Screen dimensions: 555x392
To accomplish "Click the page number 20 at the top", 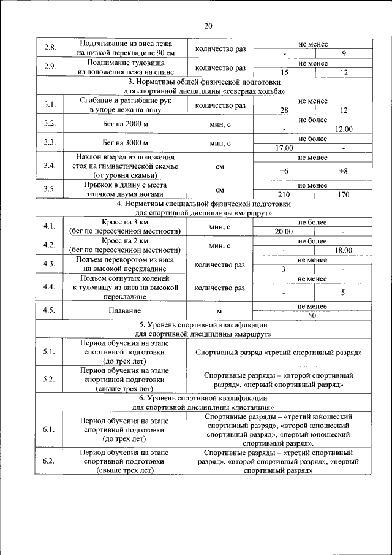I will [x=208, y=26].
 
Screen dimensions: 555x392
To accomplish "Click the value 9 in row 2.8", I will [x=344, y=53].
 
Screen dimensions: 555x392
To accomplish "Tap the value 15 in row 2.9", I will [x=284, y=72].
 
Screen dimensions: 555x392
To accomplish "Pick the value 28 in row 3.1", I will [x=284, y=110].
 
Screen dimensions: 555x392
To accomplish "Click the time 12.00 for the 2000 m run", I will [x=344, y=129].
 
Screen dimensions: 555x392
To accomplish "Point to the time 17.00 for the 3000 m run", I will [x=284, y=148].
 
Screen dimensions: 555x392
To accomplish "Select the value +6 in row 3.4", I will [x=284, y=170].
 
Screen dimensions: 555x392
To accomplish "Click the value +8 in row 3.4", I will [x=344, y=170].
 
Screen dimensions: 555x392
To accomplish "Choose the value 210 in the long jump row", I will [x=284, y=194].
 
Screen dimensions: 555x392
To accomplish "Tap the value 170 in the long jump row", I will [x=344, y=194].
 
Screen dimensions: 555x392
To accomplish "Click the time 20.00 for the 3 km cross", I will [x=284, y=231].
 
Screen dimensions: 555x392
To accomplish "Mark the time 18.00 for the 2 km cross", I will [x=344, y=250].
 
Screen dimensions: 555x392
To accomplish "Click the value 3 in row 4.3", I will [x=284, y=269].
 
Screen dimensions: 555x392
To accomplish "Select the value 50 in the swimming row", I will [x=312, y=315].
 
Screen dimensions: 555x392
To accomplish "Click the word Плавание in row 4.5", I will [x=126, y=310].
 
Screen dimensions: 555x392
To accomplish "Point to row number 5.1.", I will [x=50, y=352].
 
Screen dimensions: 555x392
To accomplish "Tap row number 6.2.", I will [x=50, y=461].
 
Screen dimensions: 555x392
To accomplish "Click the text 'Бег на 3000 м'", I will [x=126, y=143].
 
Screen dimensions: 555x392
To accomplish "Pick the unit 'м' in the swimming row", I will [x=219, y=310].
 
